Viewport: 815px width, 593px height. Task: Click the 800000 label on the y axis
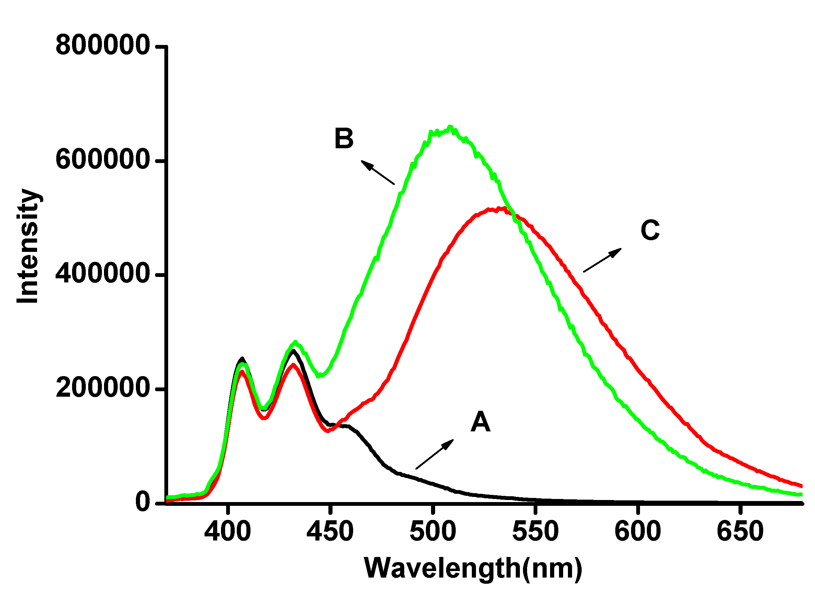[102, 46]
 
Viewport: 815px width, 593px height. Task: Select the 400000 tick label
[102, 274]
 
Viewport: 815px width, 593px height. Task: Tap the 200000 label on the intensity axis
[102, 388]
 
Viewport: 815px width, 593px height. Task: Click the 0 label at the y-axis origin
[143, 502]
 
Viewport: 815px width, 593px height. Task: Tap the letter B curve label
[344, 139]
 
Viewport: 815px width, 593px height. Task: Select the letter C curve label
[650, 230]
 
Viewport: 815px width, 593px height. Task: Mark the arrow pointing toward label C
[602, 259]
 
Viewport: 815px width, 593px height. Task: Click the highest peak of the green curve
[450, 127]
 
